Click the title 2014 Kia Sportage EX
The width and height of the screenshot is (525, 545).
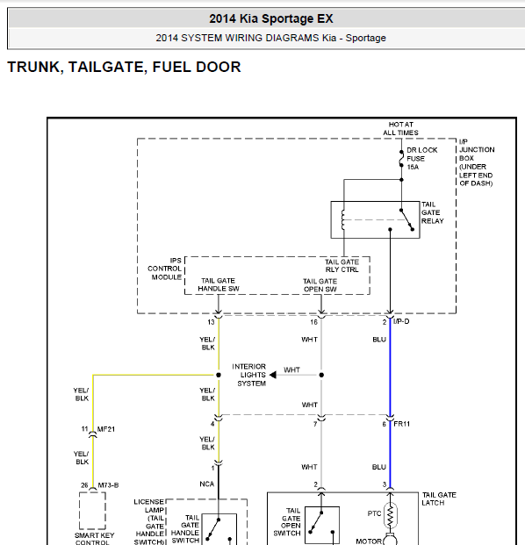coord(271,18)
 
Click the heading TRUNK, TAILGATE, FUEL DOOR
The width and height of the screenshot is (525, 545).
coord(124,67)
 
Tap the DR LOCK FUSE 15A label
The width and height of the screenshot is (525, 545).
coord(421,159)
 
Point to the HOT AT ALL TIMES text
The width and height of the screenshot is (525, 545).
coord(400,129)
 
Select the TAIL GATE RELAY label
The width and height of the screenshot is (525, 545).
coord(432,212)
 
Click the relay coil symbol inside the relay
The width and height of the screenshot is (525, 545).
coord(343,219)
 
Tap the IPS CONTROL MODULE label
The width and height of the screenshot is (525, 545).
coord(164,269)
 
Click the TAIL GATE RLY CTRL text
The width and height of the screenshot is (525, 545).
coord(342,266)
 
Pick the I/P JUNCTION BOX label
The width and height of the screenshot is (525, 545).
coord(477,162)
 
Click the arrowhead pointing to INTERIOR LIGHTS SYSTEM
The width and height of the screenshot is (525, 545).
coord(273,375)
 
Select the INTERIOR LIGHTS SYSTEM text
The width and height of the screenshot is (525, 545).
coord(249,375)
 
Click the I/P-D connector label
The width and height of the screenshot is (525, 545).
coord(401,321)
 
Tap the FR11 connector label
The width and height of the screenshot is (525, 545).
coord(401,424)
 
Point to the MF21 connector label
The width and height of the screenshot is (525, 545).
coord(105,429)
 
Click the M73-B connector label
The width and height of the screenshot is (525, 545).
coord(108,485)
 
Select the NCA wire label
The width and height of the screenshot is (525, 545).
coord(207,484)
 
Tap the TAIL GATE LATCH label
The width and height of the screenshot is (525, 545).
coord(439,498)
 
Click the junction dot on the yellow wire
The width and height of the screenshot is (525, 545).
coord(219,375)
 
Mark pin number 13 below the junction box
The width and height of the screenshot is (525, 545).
coord(211,322)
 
